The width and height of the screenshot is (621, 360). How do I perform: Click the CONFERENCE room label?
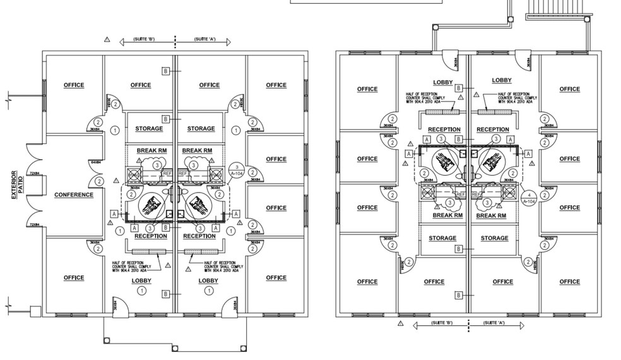74,195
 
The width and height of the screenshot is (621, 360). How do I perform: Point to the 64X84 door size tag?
95,162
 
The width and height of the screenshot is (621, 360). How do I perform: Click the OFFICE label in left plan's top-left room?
74,85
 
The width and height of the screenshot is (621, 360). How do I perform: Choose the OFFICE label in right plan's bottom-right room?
569,282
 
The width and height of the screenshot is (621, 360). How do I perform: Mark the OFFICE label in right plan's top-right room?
569,89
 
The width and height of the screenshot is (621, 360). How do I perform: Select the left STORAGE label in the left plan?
149,129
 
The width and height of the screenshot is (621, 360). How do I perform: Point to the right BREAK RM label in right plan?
491,216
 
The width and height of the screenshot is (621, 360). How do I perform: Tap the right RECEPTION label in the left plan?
199,236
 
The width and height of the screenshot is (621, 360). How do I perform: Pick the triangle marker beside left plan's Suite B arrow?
107,40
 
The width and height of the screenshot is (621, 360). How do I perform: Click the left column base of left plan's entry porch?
106,340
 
